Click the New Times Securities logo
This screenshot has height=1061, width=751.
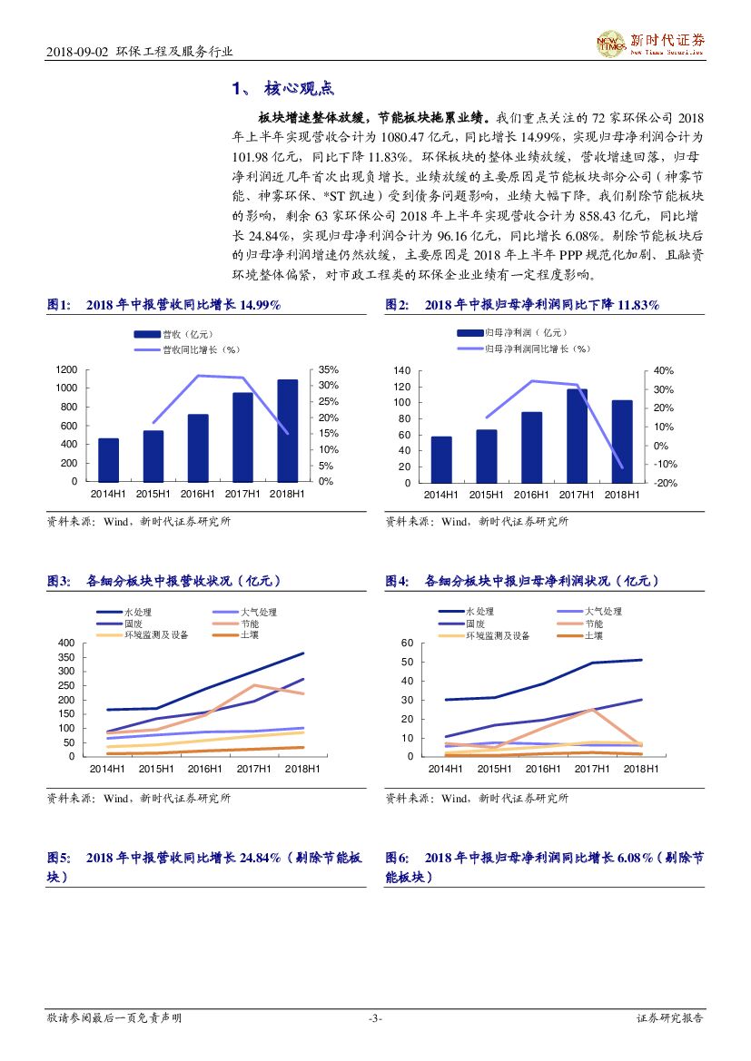(x=650, y=42)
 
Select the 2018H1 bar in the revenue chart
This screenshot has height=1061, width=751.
(x=287, y=430)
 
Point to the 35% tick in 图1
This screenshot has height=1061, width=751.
(x=328, y=370)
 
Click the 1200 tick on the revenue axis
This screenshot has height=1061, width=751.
(x=66, y=370)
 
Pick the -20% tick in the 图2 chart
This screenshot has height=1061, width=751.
(x=666, y=483)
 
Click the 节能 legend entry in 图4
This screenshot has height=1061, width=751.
(x=593, y=624)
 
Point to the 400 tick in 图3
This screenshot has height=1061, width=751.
(x=65, y=643)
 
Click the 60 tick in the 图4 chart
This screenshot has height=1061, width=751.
(x=407, y=643)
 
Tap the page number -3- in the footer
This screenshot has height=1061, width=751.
(x=375, y=1018)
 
